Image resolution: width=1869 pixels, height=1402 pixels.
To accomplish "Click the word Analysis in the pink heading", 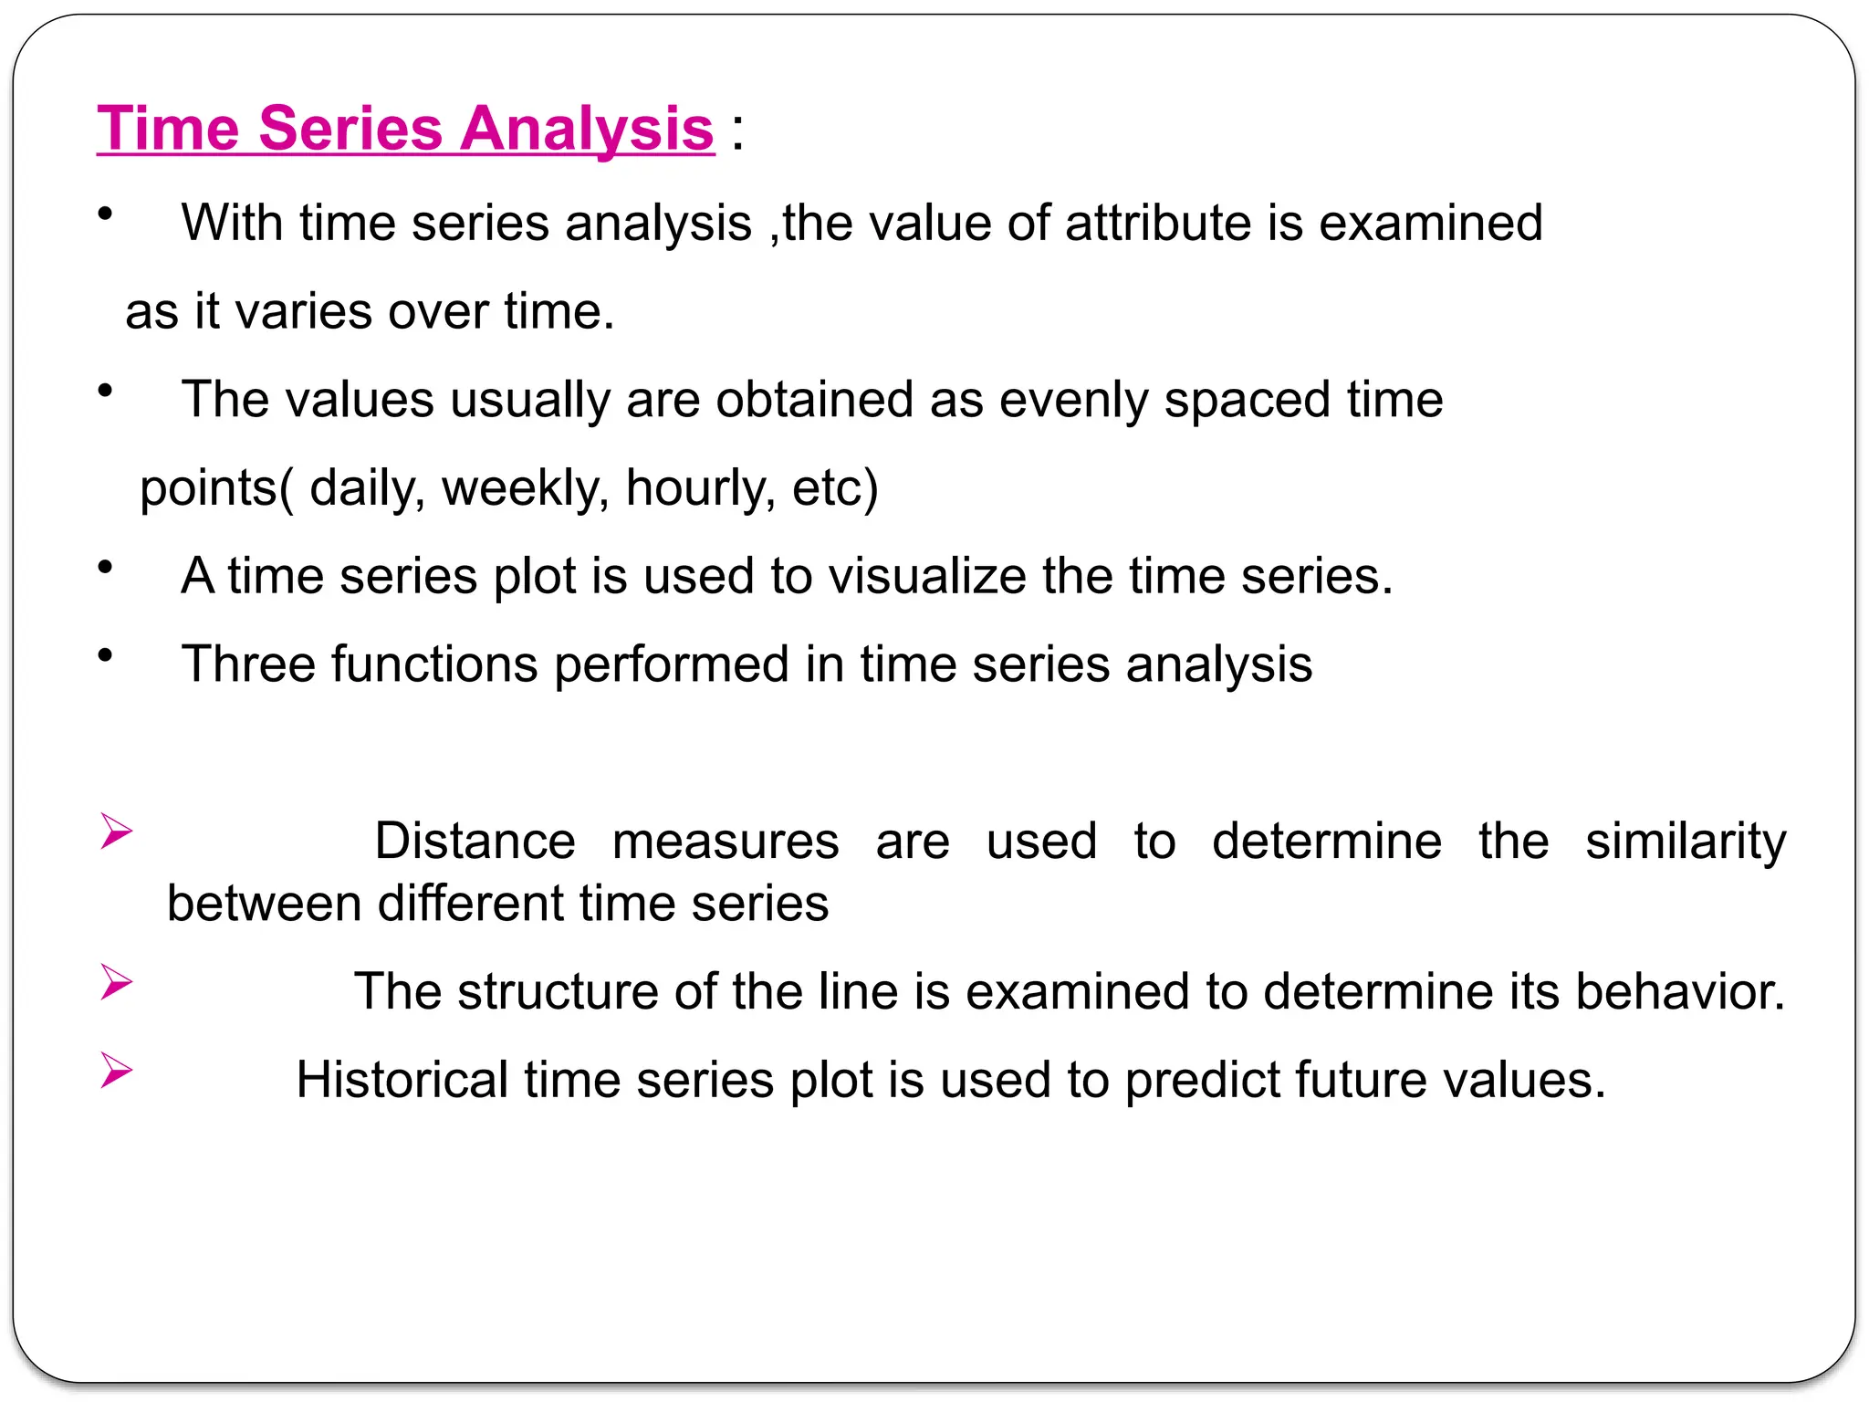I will (x=586, y=129).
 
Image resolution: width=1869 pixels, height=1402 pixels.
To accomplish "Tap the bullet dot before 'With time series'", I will (x=106, y=214).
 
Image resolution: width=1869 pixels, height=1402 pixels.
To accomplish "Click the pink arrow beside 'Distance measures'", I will (x=116, y=832).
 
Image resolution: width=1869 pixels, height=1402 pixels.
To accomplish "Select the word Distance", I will (x=475, y=841).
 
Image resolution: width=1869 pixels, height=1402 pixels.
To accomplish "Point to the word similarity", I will (x=1685, y=841).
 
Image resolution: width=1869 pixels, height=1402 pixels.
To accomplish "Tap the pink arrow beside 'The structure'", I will (x=116, y=982).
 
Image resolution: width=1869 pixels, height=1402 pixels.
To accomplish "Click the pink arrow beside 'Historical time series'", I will (x=116, y=1070).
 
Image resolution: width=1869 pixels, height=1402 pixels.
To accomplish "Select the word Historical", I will (x=402, y=1080).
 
